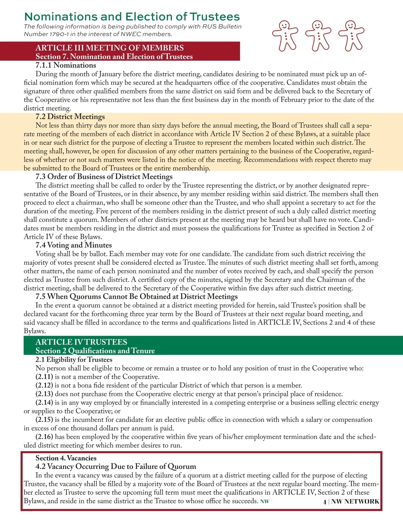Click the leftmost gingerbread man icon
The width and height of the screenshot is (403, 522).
pyautogui.click(x=285, y=35)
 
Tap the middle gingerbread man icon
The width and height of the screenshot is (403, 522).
pyautogui.click(x=318, y=35)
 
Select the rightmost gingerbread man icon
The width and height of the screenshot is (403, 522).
pyautogui.click(x=351, y=35)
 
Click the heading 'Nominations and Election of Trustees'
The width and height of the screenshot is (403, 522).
pyautogui.click(x=132, y=16)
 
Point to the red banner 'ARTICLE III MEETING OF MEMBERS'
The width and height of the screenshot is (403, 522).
pyautogui.click(x=110, y=48)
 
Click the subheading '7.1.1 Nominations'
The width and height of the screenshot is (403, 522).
pyautogui.click(x=66, y=65)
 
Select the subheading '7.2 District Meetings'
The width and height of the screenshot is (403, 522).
pyautogui.click(x=70, y=117)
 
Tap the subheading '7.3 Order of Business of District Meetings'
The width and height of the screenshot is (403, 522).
pyautogui.click(x=104, y=176)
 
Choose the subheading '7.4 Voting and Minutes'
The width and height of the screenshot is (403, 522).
pyautogui.click(x=74, y=245)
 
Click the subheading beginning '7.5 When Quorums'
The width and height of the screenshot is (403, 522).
pyautogui.click(x=137, y=296)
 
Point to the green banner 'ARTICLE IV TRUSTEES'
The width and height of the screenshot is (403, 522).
pyautogui.click(x=81, y=342)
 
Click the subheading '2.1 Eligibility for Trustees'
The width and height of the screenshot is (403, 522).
pyautogui.click(x=74, y=359)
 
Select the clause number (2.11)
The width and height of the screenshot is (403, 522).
pyautogui.click(x=44, y=377)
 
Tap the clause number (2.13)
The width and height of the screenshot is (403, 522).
pyautogui.click(x=44, y=394)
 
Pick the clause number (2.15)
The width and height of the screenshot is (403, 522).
pyautogui.click(x=44, y=420)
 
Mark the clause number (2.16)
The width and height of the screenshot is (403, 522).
pyautogui.click(x=44, y=437)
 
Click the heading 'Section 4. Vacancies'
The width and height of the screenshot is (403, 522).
pyautogui.click(x=66, y=458)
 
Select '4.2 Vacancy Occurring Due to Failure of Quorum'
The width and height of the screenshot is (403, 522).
pyautogui.click(x=116, y=467)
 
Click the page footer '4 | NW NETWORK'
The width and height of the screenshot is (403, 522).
pyautogui.click(x=351, y=501)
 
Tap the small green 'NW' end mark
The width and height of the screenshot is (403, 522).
pyautogui.click(x=265, y=501)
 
